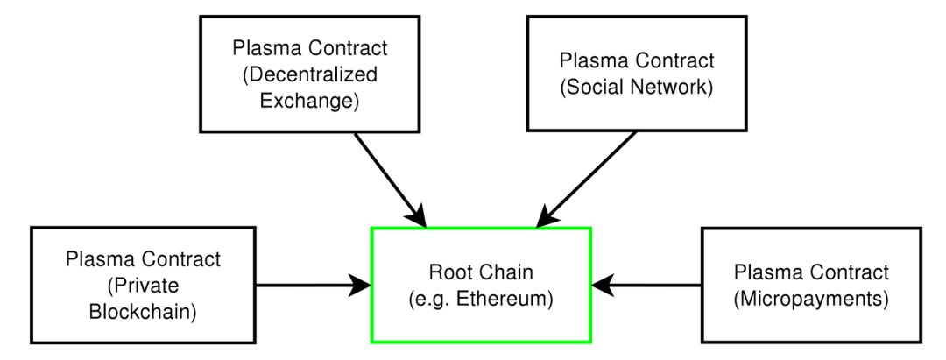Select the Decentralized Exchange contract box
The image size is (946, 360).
[303, 74]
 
